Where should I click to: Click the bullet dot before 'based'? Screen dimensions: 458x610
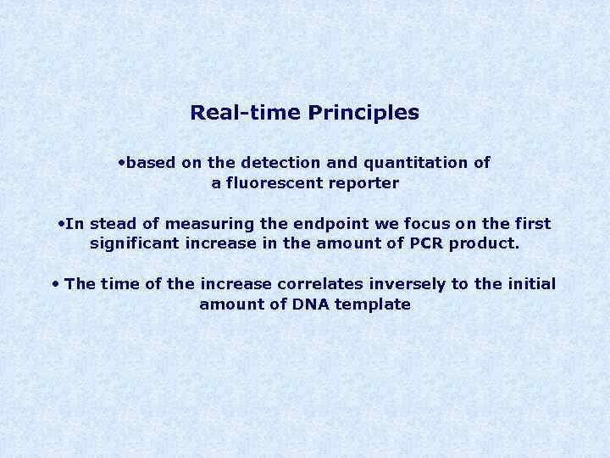[123, 161]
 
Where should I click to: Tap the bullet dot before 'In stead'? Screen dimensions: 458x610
[61, 224]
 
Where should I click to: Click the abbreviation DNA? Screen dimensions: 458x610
[313, 304]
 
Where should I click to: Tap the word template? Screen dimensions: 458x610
[374, 304]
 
